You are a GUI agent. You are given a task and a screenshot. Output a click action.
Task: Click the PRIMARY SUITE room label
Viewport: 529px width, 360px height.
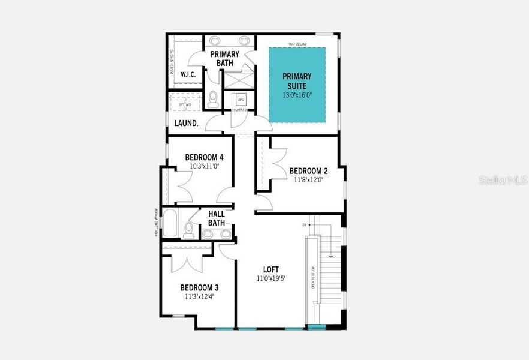(297, 80)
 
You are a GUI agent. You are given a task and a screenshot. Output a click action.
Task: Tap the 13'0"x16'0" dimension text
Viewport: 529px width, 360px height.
(297, 95)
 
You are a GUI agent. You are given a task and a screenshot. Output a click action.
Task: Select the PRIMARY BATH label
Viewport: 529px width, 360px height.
(224, 58)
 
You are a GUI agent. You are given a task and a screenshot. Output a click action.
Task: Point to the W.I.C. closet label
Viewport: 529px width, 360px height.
(188, 75)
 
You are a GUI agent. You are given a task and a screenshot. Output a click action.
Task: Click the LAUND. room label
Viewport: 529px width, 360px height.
(186, 123)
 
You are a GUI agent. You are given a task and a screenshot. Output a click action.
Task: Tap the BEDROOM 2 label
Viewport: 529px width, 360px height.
(306, 170)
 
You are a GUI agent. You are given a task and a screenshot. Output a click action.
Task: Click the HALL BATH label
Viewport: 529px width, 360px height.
(217, 218)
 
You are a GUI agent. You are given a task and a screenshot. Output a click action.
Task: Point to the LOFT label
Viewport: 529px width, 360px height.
(271, 269)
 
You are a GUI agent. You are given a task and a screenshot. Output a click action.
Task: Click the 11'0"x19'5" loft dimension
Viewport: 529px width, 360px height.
(271, 278)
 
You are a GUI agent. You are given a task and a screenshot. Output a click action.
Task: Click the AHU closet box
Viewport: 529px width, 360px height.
(241, 100)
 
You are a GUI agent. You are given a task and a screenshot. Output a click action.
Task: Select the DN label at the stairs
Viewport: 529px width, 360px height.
(304, 225)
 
